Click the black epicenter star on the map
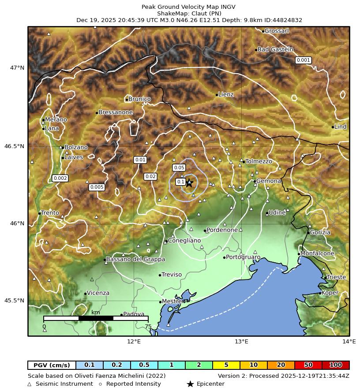tap(189, 183)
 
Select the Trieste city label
tap(336, 277)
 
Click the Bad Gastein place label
tap(275, 49)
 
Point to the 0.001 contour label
tap(304, 60)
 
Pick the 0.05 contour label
tap(179, 168)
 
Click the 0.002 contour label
tap(60, 178)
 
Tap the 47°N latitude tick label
tap(18, 68)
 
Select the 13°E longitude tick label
tap(241, 342)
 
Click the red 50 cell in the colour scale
tap(308, 365)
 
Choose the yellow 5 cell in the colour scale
tap(226, 365)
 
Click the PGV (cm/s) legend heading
tap(52, 365)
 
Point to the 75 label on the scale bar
tap(148, 327)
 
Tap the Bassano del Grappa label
tap(136, 259)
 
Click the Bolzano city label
tap(76, 147)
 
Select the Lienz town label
tap(226, 94)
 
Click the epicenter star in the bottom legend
tap(190, 384)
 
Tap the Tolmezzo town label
tap(259, 161)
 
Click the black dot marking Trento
tap(40, 213)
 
